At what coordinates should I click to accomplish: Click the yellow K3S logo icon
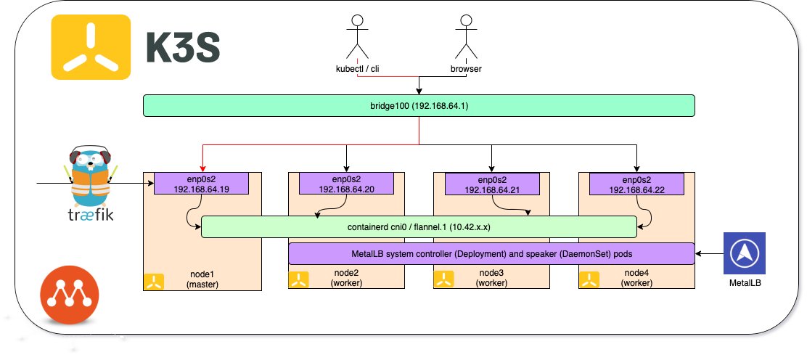[x=91, y=48]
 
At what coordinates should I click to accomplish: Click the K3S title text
[x=184, y=49]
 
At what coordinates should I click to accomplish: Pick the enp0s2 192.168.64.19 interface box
[x=202, y=184]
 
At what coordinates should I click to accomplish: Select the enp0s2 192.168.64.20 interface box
[x=346, y=184]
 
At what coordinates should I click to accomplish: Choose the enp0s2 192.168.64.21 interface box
[x=491, y=184]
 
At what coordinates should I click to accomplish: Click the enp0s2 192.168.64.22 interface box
[x=636, y=184]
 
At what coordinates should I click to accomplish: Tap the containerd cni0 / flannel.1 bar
[x=419, y=226]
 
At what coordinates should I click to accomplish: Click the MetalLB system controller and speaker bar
[x=491, y=253]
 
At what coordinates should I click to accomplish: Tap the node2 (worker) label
[x=346, y=279]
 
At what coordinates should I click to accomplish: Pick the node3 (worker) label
[x=491, y=279]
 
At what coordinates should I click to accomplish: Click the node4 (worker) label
[x=636, y=279]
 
